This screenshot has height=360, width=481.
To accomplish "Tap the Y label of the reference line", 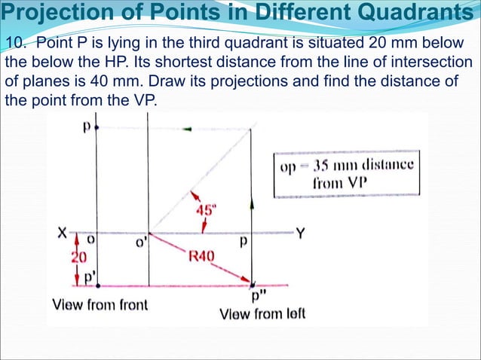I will pos(300,234).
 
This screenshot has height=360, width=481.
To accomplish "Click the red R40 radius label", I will pos(202,256).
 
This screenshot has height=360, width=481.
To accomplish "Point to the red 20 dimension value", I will pos(79,257).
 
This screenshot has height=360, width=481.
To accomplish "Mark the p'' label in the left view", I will pos(256,295).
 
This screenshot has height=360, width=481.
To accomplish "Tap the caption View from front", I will pos(100,305).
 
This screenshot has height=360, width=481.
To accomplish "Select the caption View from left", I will pos(262,313).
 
